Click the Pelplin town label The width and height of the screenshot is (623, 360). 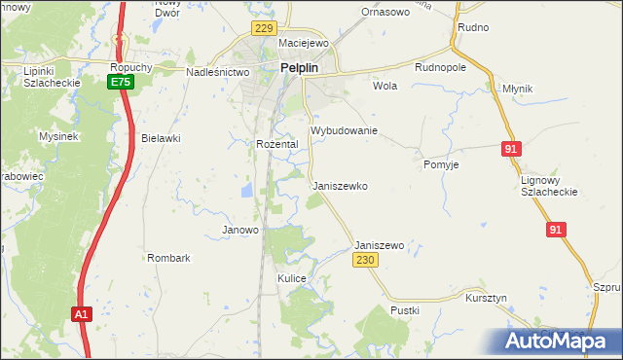click(x=302, y=68)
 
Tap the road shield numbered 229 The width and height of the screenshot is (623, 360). click(x=263, y=29)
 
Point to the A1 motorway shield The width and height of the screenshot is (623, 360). click(x=83, y=314)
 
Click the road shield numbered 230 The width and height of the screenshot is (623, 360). click(x=365, y=261)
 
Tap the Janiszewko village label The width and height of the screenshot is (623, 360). click(x=339, y=185)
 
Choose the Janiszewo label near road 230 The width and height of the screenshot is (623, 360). click(x=380, y=246)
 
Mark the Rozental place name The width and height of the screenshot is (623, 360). click(x=276, y=144)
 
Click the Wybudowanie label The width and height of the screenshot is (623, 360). click(x=344, y=130)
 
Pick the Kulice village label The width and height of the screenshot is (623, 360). click(x=292, y=278)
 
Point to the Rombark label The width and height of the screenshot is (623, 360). click(x=168, y=258)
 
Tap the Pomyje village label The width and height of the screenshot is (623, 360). click(x=441, y=165)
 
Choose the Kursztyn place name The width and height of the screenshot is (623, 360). click(x=487, y=297)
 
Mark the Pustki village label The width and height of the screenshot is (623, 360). click(x=405, y=310)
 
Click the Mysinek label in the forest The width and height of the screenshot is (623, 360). click(x=58, y=137)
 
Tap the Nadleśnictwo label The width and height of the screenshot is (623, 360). click(x=218, y=72)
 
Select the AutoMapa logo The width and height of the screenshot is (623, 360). click(x=562, y=341)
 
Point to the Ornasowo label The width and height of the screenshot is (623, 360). click(x=385, y=13)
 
